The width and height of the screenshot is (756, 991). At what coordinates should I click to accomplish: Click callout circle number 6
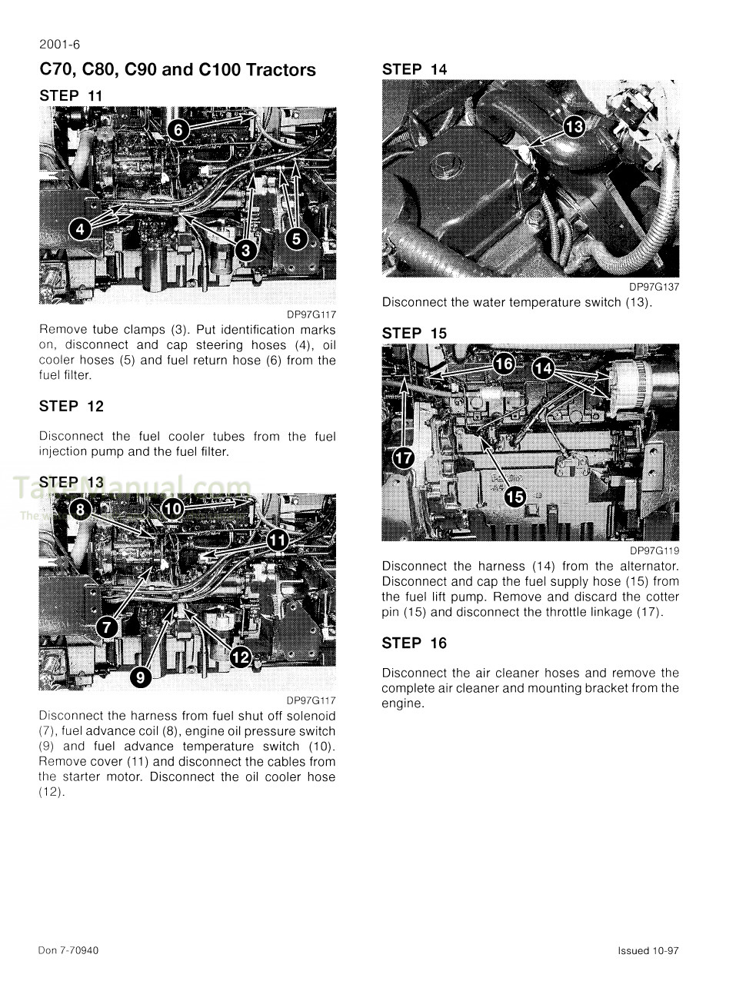coord(178,130)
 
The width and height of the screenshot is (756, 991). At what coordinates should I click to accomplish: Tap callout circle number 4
coord(80,228)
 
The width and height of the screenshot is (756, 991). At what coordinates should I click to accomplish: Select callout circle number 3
coord(245,249)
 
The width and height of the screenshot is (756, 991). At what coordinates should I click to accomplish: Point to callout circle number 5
coord(297,238)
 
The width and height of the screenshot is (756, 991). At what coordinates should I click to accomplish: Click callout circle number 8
coord(80,509)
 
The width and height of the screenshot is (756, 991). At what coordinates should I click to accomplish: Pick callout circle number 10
coord(173,508)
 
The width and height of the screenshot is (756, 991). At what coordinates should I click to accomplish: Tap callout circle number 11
coord(277,540)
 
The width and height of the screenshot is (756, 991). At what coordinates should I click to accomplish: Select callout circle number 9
coord(140,677)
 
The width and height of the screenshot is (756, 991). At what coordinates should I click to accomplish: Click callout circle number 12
coord(241,657)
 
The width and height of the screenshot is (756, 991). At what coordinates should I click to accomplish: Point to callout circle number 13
coord(574,126)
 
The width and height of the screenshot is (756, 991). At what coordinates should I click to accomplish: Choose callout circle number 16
coord(504,364)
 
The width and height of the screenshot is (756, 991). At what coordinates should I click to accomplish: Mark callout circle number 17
coord(403,458)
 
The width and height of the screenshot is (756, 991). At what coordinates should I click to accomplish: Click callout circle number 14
coord(543,368)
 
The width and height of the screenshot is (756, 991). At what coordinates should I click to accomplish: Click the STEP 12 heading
coord(72,407)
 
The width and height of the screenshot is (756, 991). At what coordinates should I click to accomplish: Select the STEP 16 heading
coord(414,643)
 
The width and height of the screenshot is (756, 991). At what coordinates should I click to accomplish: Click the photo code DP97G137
coord(654,287)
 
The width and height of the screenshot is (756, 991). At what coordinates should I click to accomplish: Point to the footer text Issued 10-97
coord(648,951)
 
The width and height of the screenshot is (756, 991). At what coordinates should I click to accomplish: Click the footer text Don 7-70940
coord(68,950)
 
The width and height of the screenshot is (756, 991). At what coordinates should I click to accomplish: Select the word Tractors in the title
coord(281,70)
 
